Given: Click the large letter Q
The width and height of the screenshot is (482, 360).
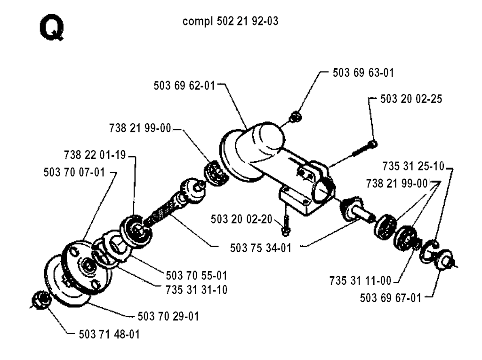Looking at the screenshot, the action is pyautogui.click(x=52, y=28).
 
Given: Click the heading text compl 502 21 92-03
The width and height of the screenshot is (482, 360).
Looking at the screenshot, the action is pyautogui.click(x=230, y=21).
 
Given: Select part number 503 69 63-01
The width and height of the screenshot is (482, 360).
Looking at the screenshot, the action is pyautogui.click(x=363, y=73).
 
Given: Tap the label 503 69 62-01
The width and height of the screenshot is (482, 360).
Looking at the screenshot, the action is pyautogui.click(x=184, y=86).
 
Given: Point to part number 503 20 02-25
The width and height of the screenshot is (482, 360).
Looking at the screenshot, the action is pyautogui.click(x=411, y=99).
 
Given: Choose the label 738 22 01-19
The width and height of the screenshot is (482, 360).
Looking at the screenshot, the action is pyautogui.click(x=95, y=155).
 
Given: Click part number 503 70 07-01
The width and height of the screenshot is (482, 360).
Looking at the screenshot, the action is pyautogui.click(x=74, y=172).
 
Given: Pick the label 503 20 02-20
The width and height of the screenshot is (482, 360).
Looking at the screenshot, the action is pyautogui.click(x=241, y=219).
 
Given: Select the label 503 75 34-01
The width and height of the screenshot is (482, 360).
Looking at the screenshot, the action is pyautogui.click(x=261, y=248).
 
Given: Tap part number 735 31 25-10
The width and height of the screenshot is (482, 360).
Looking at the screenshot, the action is pyautogui.click(x=413, y=166).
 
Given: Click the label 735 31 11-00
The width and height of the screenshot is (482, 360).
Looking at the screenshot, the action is pyautogui.click(x=360, y=280).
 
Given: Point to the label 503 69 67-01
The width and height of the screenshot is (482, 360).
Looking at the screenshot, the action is pyautogui.click(x=390, y=298).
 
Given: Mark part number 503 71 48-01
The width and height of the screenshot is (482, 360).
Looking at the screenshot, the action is pyautogui.click(x=109, y=335).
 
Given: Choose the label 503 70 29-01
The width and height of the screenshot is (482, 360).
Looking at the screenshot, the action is pyautogui.click(x=168, y=316).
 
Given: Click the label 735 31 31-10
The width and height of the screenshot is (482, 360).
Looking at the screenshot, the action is pyautogui.click(x=196, y=290).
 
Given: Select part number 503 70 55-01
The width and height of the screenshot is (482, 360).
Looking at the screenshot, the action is pyautogui.click(x=196, y=275).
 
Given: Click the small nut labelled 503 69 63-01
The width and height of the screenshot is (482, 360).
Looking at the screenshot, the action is pyautogui.click(x=296, y=117).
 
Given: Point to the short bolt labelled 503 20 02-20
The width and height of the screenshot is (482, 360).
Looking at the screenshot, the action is pyautogui.click(x=286, y=226).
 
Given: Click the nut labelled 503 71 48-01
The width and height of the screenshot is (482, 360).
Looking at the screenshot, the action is pyautogui.click(x=40, y=300).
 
